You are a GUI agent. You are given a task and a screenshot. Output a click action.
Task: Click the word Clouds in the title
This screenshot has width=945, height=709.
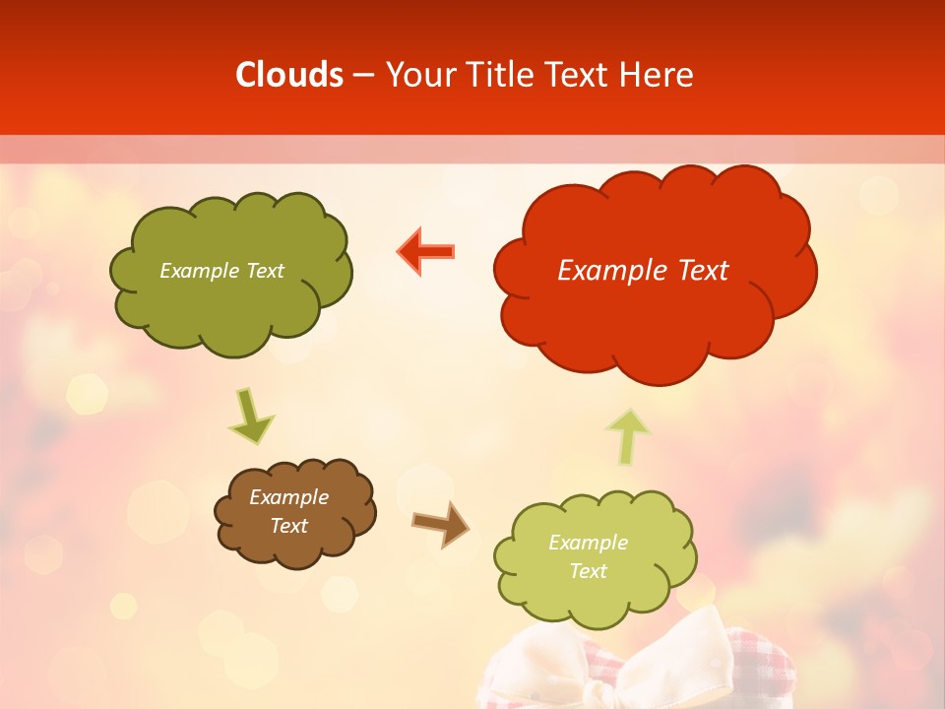point(289,75)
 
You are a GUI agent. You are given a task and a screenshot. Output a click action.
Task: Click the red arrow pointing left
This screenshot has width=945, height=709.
point(426,251)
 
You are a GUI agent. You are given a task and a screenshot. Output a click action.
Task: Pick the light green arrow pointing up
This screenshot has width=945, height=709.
point(627,436)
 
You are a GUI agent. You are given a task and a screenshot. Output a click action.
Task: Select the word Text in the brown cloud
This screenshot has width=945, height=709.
point(288,526)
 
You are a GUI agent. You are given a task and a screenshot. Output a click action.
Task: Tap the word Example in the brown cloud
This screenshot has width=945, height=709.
point(288,497)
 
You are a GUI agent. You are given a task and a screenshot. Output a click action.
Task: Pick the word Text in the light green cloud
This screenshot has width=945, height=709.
point(588,571)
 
